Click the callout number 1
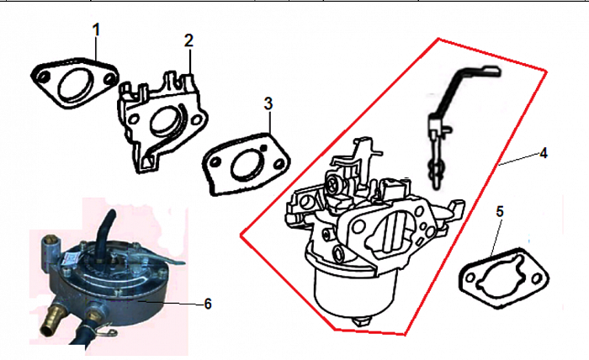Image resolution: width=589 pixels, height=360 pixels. (x=97, y=30)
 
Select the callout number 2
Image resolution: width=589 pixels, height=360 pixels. (x=188, y=40)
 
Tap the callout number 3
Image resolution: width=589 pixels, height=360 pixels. (x=268, y=103)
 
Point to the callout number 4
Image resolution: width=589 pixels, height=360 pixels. (x=544, y=153)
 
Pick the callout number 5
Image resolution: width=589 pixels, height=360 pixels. (x=500, y=212)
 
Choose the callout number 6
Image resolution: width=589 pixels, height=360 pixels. (x=208, y=304)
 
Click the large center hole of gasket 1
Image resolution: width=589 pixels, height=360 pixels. (x=76, y=86)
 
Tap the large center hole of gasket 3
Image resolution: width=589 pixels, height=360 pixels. (x=248, y=165)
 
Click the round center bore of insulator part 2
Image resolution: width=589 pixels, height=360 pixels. (x=165, y=120)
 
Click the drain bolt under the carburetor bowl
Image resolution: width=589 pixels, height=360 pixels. (x=361, y=322)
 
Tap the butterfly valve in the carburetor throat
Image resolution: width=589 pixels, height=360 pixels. (x=393, y=232)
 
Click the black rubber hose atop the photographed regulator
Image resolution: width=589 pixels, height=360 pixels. (x=106, y=234)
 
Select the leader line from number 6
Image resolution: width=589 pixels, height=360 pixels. (x=168, y=302)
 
